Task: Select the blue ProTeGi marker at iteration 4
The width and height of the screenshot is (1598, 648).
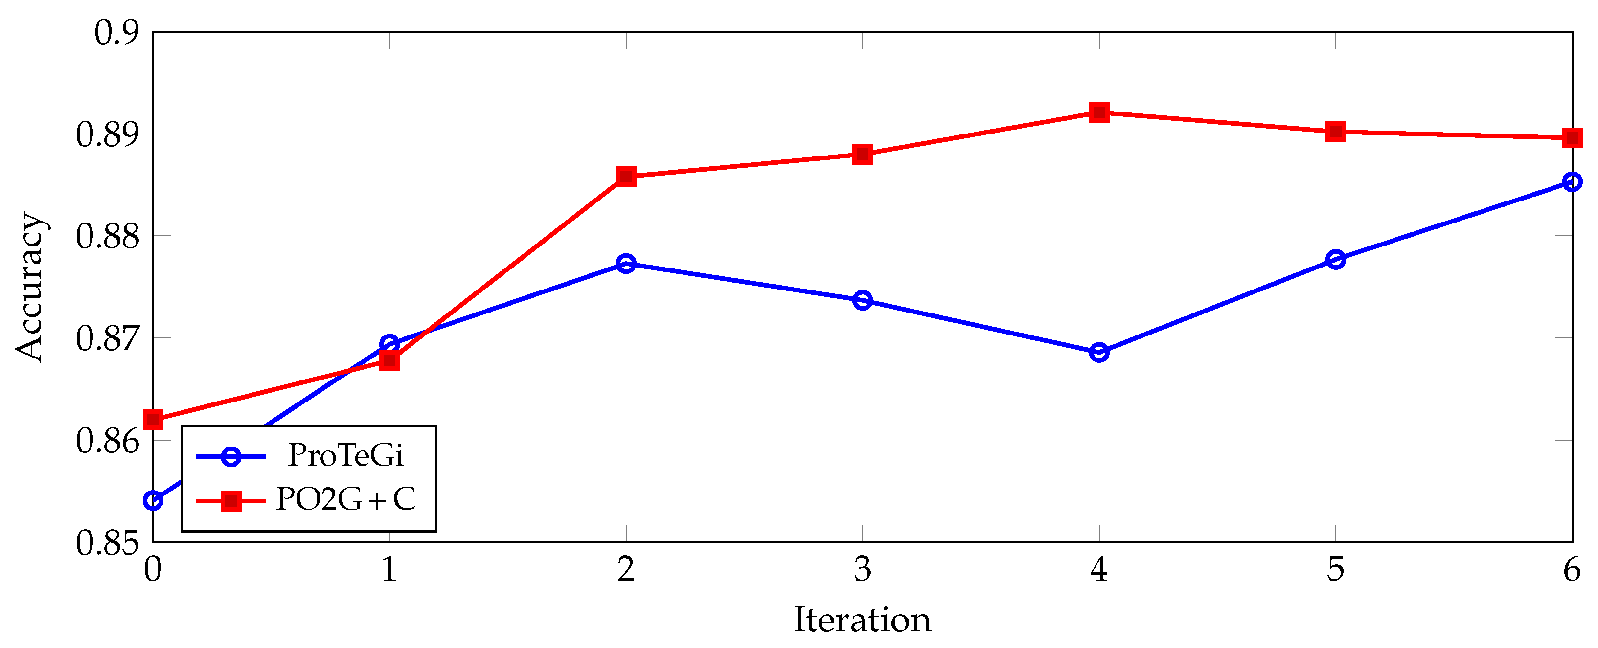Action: pos(1098,352)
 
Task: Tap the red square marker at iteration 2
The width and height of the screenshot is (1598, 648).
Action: pos(626,177)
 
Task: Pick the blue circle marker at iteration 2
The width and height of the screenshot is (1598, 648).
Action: pos(626,264)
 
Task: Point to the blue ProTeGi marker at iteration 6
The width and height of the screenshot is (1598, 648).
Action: pos(1571,182)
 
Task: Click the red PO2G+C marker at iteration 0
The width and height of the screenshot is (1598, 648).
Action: pos(153,420)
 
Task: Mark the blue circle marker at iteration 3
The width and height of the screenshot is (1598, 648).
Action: pos(862,301)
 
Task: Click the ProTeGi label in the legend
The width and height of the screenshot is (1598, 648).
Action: pos(345,456)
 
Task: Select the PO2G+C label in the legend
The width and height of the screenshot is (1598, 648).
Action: pos(345,499)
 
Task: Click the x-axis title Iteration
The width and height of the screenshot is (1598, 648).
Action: pos(862,620)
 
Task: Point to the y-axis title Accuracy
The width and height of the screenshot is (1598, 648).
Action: pos(30,287)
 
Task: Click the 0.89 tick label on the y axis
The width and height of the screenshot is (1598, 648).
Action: pos(107,134)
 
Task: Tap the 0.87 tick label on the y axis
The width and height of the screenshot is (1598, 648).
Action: pos(107,338)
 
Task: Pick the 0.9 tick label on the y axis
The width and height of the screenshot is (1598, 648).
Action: pos(116,32)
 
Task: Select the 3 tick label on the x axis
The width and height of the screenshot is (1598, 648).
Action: pos(862,569)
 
